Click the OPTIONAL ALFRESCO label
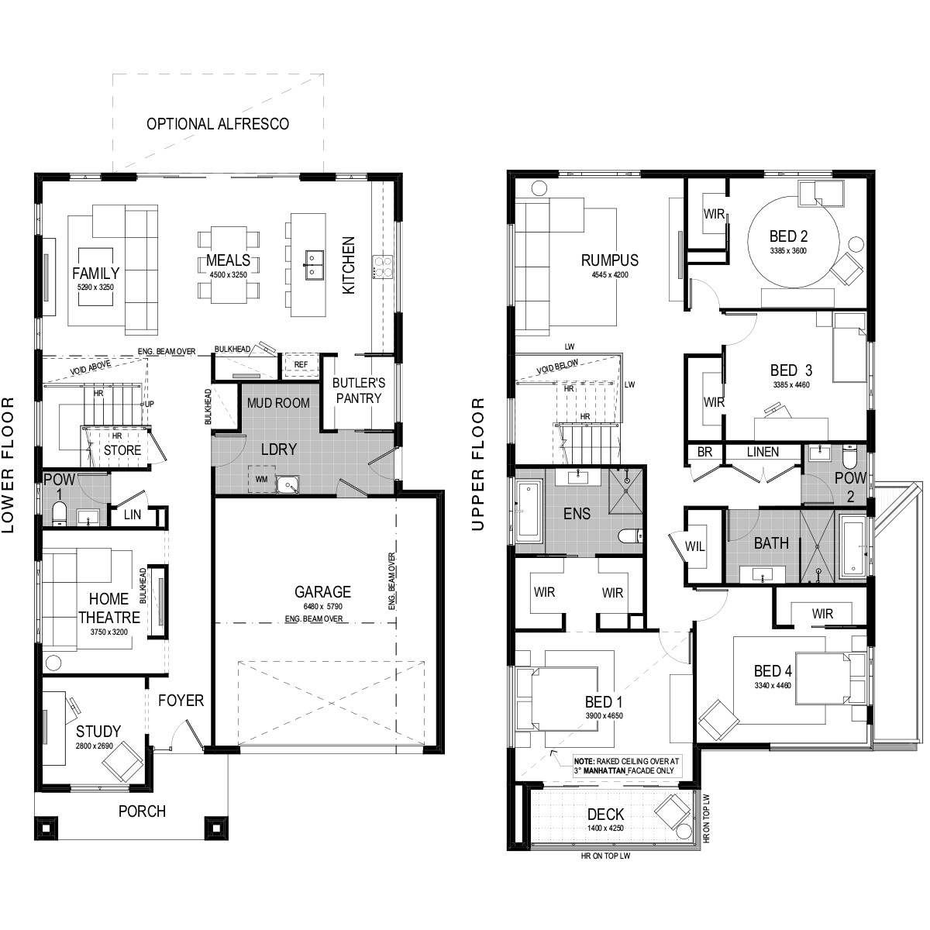point(218,124)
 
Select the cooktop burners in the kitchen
point(383,267)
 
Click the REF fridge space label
point(301,364)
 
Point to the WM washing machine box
point(262,479)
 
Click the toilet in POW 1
point(59,514)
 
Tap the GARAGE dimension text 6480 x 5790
point(323,606)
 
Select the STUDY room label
point(98,731)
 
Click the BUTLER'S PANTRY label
point(359,391)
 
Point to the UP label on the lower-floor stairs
point(149,404)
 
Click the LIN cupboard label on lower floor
point(133,515)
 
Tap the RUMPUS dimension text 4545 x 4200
point(610,274)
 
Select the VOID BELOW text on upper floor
point(557,367)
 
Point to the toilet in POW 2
point(848,457)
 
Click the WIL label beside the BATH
point(694,546)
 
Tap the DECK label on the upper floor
point(606,815)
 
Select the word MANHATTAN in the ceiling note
point(604,770)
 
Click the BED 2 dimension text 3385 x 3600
point(788,250)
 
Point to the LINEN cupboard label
point(763,452)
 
